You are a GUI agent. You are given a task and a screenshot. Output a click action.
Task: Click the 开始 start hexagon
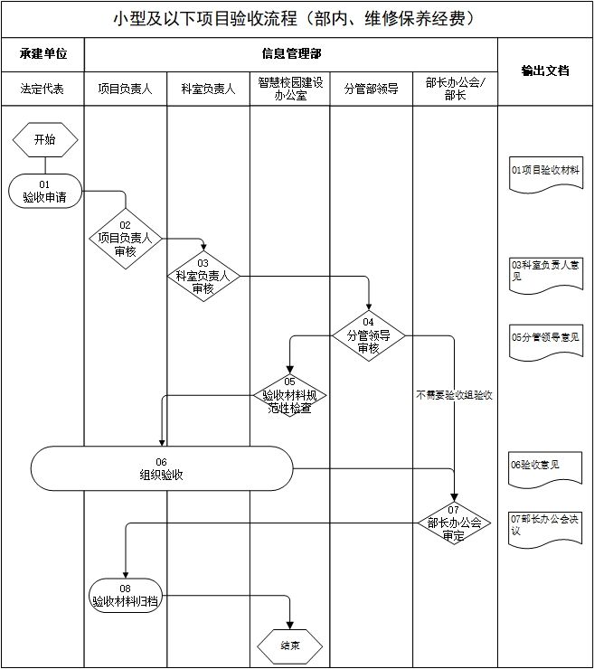(44, 139)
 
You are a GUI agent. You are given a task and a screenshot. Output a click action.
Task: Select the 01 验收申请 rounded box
(44, 191)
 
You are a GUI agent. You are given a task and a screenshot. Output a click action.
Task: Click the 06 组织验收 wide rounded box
(162, 468)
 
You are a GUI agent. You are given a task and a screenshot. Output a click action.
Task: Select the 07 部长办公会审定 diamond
(454, 523)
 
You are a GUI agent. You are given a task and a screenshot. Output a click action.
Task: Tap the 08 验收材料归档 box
(126, 594)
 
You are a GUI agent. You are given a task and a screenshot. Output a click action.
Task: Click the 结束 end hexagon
(290, 645)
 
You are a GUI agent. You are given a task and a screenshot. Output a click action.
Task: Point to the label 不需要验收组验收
(454, 395)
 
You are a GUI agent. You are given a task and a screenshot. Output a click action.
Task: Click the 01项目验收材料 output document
(545, 172)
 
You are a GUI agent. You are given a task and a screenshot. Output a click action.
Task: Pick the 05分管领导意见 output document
(545, 338)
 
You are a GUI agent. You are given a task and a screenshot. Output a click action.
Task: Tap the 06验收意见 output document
(545, 466)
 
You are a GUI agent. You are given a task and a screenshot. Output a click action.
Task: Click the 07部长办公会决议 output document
(545, 525)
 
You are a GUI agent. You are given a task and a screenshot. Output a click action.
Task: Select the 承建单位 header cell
(42, 54)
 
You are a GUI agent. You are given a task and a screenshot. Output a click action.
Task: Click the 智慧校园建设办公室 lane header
(290, 89)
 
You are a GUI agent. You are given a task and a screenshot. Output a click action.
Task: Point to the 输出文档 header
(545, 71)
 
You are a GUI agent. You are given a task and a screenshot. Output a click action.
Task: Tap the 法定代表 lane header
(42, 89)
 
